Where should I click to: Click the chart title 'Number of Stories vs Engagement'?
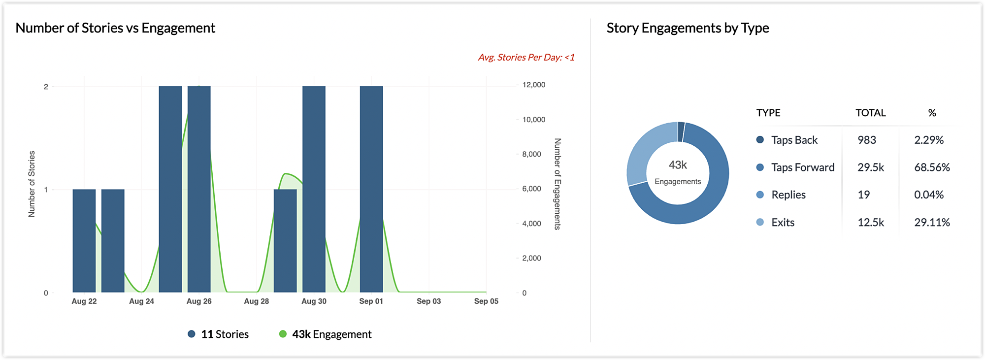tap(115, 28)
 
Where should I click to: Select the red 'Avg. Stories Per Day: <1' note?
tap(526, 58)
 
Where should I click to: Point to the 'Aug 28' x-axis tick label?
tap(256, 301)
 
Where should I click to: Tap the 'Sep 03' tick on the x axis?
tap(428, 301)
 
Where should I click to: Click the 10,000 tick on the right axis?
tap(534, 120)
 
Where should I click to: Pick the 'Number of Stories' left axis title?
tap(32, 184)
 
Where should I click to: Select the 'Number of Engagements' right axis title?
tap(558, 184)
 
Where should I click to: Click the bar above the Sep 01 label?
tap(371, 190)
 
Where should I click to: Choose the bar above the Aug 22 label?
tap(84, 241)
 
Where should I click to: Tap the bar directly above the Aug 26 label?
tap(199, 190)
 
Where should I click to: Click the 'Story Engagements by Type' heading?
tap(688, 28)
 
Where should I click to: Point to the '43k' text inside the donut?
tap(678, 165)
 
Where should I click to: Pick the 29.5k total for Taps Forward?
tap(870, 167)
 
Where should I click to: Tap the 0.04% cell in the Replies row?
tap(929, 195)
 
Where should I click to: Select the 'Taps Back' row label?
tap(794, 140)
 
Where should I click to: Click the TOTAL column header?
tap(870, 113)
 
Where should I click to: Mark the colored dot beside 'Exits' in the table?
tap(760, 222)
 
